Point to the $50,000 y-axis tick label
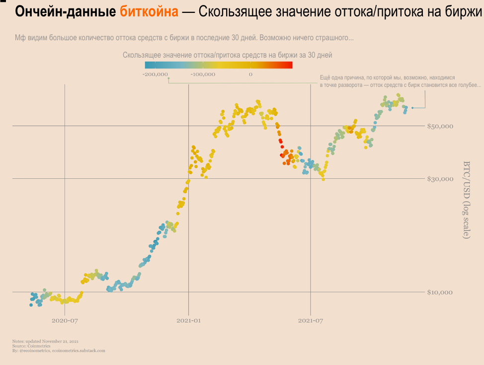(x=440, y=126)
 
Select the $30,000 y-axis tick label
(x=440, y=179)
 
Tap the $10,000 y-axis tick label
(x=440, y=292)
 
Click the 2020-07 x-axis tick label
(x=65, y=321)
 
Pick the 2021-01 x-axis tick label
(x=188, y=321)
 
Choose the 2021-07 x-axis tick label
(x=310, y=321)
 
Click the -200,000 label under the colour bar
(x=155, y=74)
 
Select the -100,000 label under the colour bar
(x=203, y=74)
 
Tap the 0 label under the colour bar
(x=250, y=74)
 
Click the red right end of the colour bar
(x=288, y=65)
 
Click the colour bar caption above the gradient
(x=227, y=55)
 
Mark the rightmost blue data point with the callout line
(x=412, y=108)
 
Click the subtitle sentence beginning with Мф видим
(x=184, y=38)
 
